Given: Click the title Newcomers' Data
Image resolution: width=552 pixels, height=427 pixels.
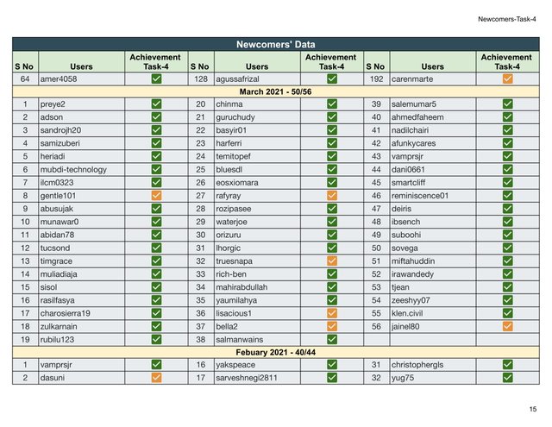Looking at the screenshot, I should click(x=275, y=44).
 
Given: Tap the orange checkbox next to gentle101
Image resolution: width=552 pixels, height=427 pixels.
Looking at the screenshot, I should click(x=156, y=196).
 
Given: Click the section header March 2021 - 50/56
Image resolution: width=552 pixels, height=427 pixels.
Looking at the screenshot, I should click(x=275, y=91).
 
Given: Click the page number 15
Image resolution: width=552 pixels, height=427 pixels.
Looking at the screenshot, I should click(x=533, y=408).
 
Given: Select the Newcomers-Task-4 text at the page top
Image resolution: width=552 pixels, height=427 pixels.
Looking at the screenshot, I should click(x=506, y=18).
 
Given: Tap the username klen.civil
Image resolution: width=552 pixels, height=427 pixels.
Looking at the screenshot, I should click(x=411, y=313).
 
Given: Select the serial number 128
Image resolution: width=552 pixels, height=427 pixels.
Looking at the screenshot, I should click(x=199, y=78).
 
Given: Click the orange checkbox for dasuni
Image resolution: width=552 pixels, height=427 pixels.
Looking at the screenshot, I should click(x=156, y=378).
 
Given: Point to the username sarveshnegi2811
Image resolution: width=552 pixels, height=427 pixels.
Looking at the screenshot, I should click(x=247, y=378).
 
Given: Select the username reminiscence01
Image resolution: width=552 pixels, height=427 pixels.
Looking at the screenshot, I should click(x=421, y=196).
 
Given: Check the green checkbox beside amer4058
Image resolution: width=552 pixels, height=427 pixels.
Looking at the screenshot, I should click(x=156, y=78).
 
